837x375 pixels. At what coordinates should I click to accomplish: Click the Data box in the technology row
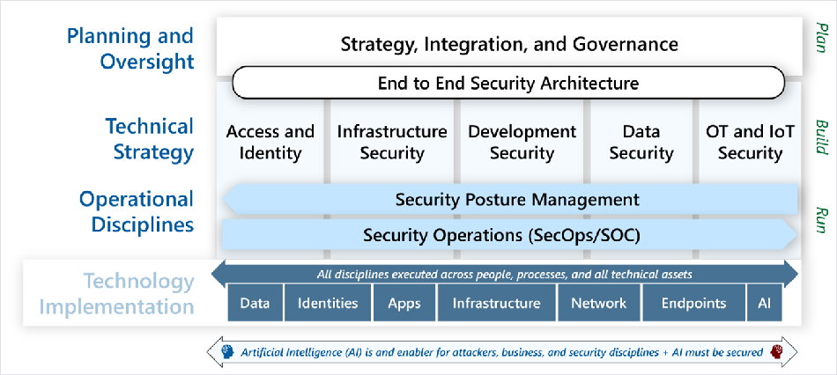[256, 303]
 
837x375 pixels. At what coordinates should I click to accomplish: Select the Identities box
[328, 303]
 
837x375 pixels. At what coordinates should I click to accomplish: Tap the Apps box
[404, 303]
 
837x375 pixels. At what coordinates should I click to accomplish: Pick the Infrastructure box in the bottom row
[496, 303]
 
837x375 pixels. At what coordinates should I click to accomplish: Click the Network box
[599, 303]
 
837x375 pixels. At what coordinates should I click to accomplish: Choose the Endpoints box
[693, 303]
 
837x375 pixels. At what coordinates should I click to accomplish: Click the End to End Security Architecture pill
[508, 83]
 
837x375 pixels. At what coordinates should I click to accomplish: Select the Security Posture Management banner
[510, 200]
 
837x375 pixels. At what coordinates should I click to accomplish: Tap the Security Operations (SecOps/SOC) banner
[510, 235]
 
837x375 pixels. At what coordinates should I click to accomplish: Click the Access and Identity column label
[270, 143]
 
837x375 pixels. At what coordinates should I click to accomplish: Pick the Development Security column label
[522, 143]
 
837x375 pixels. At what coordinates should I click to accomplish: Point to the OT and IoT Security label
[750, 143]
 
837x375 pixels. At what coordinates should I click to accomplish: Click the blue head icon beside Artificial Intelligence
[228, 352]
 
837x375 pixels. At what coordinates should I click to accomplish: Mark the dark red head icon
[774, 352]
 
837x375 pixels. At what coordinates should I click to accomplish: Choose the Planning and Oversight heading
[130, 48]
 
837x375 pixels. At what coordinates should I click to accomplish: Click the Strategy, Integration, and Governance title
[509, 43]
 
